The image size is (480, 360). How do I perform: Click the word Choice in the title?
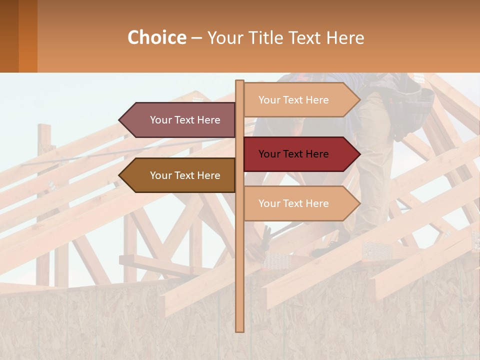pyautogui.click(x=156, y=37)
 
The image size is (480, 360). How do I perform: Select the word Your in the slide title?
pyautogui.click(x=225, y=37)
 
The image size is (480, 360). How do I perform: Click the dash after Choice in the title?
pyautogui.click(x=196, y=38)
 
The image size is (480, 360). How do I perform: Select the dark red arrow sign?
pyautogui.click(x=300, y=154)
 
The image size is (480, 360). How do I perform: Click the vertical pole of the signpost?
pyautogui.click(x=239, y=275)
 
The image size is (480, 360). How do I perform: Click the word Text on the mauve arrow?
pyautogui.click(x=184, y=120)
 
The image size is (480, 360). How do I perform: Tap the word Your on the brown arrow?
pyautogui.click(x=161, y=175)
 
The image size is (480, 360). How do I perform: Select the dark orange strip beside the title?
pyautogui.click(x=27, y=36)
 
